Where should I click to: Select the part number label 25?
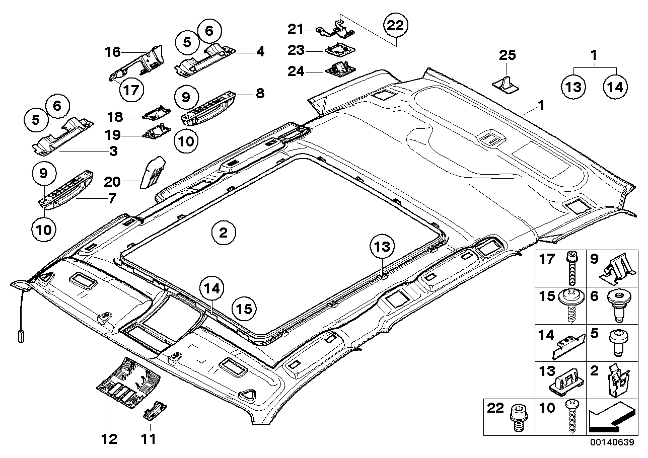pos(508,55)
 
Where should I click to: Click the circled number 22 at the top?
pos(395,26)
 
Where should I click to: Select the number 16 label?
pos(113,51)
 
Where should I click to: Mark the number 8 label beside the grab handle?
pos(260,93)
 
